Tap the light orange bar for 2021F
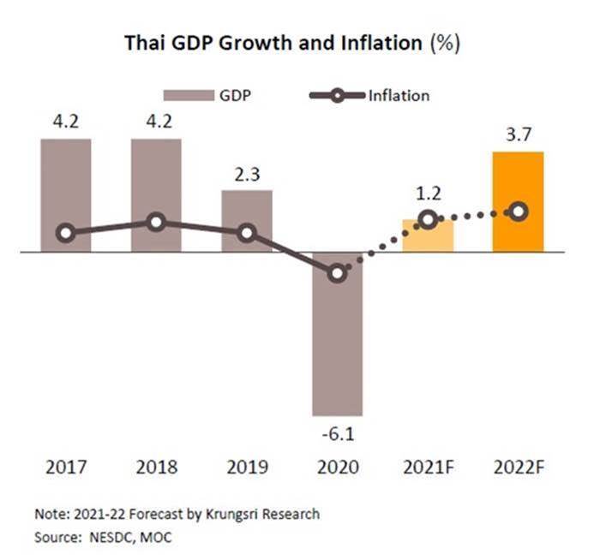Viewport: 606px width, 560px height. (x=428, y=235)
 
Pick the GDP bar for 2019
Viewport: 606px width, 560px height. (x=247, y=221)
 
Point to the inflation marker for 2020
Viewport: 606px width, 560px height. (x=338, y=273)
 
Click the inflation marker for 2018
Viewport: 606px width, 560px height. (x=156, y=223)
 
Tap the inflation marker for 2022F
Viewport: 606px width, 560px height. (x=518, y=211)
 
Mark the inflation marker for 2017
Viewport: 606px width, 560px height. (x=65, y=233)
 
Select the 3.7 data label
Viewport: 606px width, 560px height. (x=518, y=134)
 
